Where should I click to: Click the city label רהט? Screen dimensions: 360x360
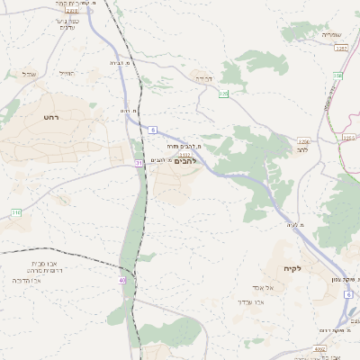point(50,117)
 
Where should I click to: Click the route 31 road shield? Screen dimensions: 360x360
point(139,163)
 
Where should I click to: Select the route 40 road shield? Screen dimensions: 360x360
point(121,281)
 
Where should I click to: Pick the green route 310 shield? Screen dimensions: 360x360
point(16,212)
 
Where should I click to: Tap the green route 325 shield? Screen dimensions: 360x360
point(223,94)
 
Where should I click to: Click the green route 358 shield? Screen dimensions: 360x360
point(338,75)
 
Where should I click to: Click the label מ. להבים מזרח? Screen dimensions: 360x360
point(184,145)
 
